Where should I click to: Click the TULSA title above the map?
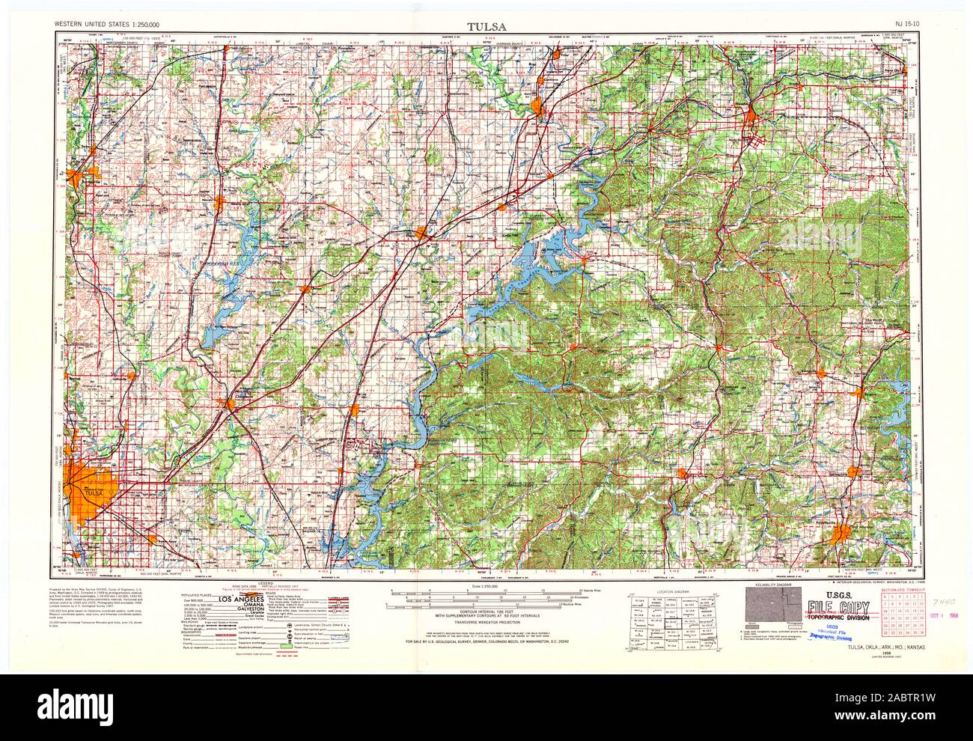click(486, 25)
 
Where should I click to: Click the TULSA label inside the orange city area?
click(93, 493)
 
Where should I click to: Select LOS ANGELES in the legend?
click(240, 601)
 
